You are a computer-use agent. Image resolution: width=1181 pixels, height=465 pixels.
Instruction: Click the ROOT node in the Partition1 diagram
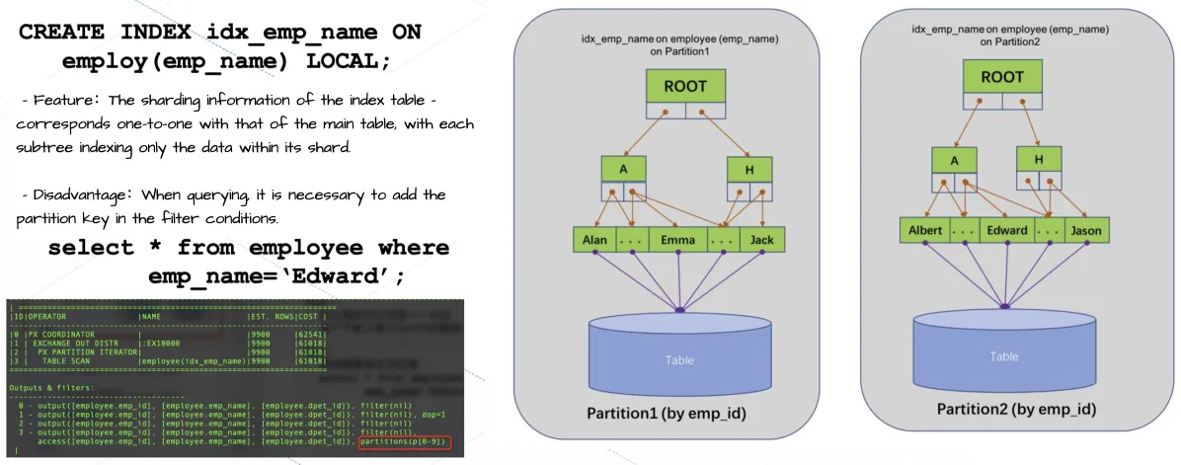click(684, 86)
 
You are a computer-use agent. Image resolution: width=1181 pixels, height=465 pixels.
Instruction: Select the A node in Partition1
click(623, 169)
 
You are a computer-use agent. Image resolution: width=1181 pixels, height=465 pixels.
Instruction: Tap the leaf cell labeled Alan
click(594, 240)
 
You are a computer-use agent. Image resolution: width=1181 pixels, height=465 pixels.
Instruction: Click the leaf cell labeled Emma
click(677, 240)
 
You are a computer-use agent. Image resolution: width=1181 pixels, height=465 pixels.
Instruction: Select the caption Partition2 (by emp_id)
click(1016, 409)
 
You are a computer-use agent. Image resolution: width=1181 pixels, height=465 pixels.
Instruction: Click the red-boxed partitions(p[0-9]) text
click(406, 441)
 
